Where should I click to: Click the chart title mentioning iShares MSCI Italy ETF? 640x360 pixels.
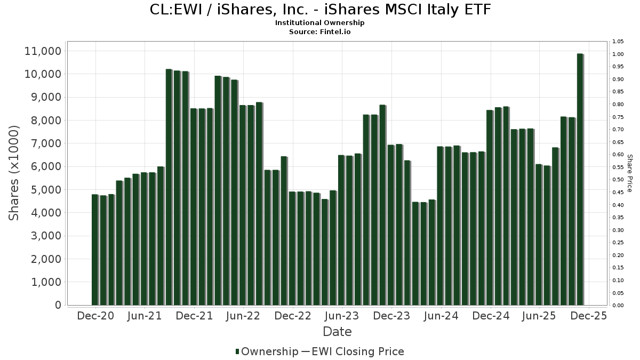[319, 10]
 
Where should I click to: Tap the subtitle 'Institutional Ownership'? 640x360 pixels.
[319, 23]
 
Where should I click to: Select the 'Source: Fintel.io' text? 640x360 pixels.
[319, 31]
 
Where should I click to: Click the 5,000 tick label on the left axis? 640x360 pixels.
[43, 190]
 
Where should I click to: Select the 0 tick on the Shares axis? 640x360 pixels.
[57, 305]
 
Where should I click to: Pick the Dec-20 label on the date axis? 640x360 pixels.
[95, 316]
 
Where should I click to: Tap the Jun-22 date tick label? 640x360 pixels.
[243, 316]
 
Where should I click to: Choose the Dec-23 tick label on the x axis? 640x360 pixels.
[391, 316]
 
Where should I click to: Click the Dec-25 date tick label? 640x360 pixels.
[588, 316]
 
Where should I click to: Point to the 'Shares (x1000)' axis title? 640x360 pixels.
[14, 172]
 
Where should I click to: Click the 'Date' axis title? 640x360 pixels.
[337, 332]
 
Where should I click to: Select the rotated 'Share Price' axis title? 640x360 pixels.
[629, 173]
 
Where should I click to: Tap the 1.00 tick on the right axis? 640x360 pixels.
[618, 54]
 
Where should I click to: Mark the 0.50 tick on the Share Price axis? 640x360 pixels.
[618, 180]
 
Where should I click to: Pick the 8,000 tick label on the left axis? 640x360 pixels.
[43, 121]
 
